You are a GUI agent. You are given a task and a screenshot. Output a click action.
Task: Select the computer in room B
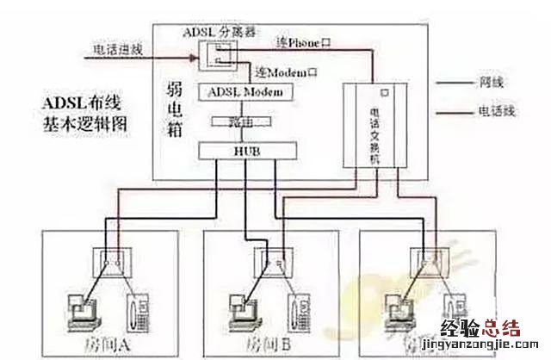(x=242, y=304)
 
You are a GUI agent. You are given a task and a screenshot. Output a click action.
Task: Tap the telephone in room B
(x=298, y=308)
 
